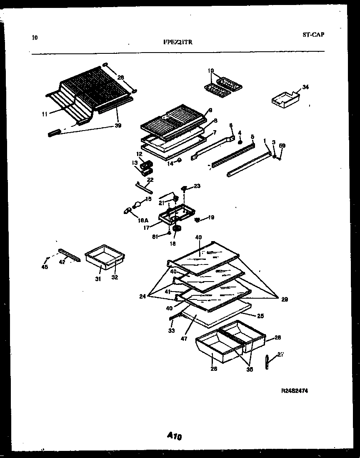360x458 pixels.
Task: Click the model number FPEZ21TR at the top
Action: [x=178, y=42]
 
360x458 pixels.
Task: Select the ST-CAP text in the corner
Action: [x=313, y=35]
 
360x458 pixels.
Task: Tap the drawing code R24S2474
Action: [x=295, y=390]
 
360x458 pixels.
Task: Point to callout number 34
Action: [x=306, y=87]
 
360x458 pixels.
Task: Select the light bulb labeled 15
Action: [x=137, y=204]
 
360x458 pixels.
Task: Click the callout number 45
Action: [x=45, y=267]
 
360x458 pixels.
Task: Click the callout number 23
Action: [x=197, y=186]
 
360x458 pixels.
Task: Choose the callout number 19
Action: [x=211, y=217]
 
